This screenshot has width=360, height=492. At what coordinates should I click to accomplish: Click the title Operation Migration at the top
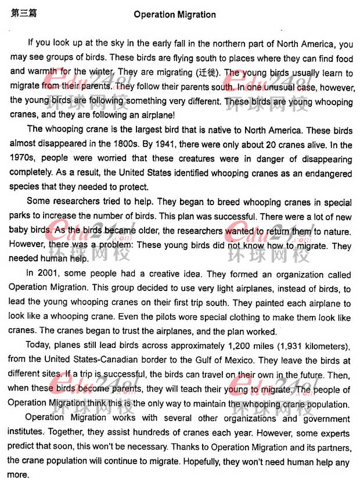pyautogui.click(x=174, y=15)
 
